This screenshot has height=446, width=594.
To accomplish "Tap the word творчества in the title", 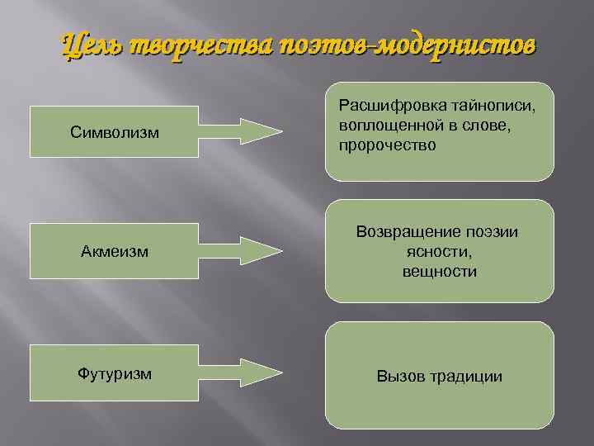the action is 191,44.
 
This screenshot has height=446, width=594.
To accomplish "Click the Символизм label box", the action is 115,132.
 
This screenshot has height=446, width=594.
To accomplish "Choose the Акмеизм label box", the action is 115,250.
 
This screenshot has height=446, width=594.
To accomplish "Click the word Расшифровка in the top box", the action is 385,107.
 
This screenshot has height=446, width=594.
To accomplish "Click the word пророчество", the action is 387,145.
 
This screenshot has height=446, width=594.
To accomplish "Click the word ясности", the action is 439,252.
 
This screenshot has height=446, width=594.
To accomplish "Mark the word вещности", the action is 439,271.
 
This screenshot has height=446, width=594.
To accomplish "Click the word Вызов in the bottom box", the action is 398,376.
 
